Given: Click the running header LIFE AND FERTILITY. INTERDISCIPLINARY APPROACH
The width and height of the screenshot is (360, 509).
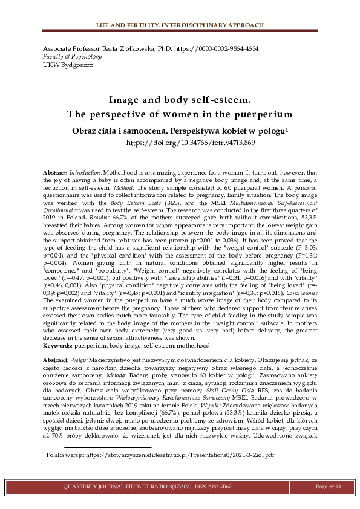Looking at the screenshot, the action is [x=180, y=25].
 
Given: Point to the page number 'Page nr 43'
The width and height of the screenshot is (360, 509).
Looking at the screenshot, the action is [x=329, y=487].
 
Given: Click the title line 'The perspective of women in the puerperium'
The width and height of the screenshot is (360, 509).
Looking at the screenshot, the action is [x=180, y=114].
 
